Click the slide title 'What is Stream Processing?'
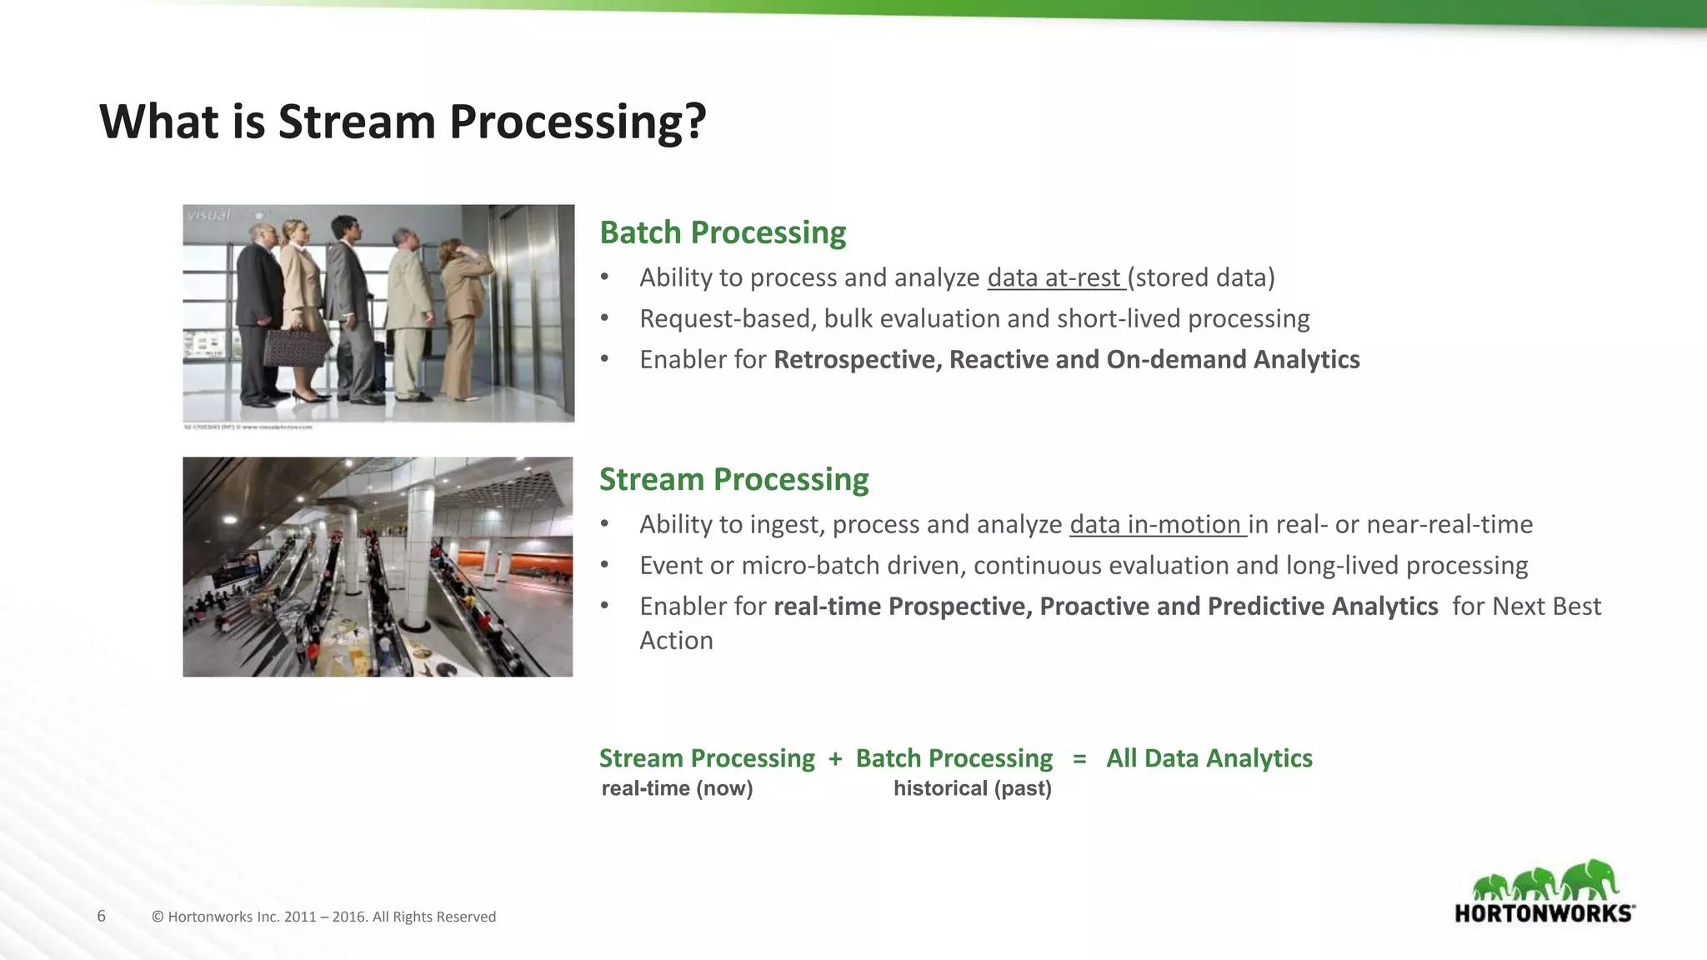pos(403,122)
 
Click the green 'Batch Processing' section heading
pos(723,232)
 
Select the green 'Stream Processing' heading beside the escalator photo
pos(733,479)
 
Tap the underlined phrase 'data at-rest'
pos(1055,277)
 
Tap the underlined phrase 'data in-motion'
pos(1156,524)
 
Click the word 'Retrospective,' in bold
pos(858,359)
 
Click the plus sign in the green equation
pos(835,758)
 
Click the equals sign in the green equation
pos(1079,758)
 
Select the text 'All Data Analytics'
pos(1209,758)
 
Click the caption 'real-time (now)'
pos(677,788)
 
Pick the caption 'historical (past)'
pos(972,788)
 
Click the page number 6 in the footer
pos(102,916)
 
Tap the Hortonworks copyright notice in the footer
pos(323,917)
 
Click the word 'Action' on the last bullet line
pos(676,640)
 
